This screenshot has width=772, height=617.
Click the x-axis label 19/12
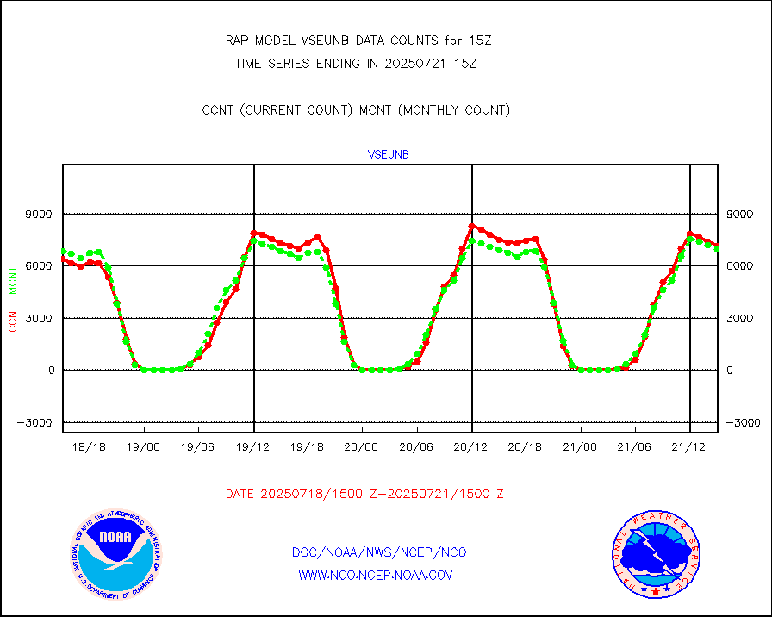coord(252,447)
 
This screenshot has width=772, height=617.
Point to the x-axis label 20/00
coord(362,447)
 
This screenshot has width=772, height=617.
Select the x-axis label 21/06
coord(635,447)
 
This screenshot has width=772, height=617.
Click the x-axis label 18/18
coord(89,447)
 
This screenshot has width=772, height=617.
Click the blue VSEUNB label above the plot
coord(388,155)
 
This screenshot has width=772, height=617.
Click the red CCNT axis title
coord(12,315)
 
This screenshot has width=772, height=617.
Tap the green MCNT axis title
coord(12,279)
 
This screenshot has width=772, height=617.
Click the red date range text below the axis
coord(364,495)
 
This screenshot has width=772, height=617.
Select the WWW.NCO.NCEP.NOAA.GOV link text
coord(376,575)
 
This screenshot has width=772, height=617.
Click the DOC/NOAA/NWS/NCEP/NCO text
coord(379,552)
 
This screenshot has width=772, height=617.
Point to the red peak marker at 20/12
coord(472,227)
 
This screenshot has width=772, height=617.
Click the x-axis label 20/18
coord(526,447)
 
